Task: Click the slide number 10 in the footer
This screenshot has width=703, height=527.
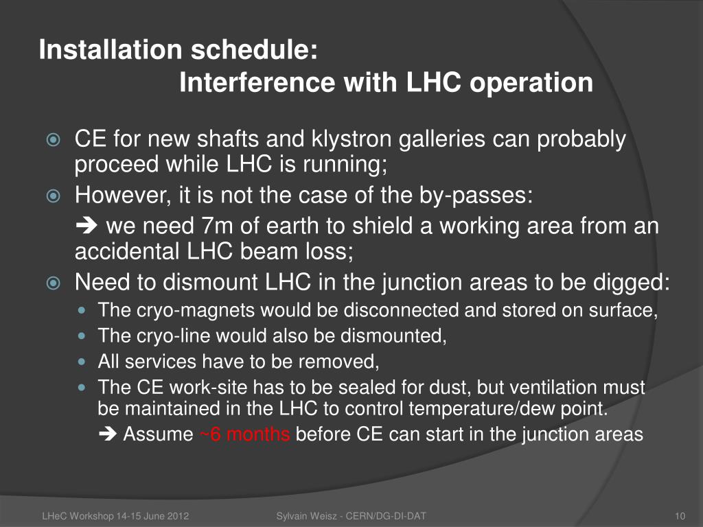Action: (x=680, y=516)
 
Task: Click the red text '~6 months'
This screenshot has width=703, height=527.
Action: (x=244, y=434)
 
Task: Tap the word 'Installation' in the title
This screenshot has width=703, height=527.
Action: (x=111, y=49)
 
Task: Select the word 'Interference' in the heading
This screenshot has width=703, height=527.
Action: (x=257, y=82)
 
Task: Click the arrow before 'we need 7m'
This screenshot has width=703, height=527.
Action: (x=87, y=225)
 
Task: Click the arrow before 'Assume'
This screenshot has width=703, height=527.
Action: (x=108, y=434)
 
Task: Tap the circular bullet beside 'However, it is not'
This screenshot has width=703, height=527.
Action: (x=54, y=196)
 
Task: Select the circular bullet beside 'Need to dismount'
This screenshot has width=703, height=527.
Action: (x=54, y=283)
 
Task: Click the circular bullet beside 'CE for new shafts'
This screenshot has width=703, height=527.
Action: (x=54, y=140)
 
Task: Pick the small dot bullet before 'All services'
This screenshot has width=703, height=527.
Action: (x=81, y=361)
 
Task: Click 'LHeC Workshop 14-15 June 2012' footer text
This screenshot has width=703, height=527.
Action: (x=115, y=516)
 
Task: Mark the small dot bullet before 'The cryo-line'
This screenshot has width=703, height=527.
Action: (x=81, y=335)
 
